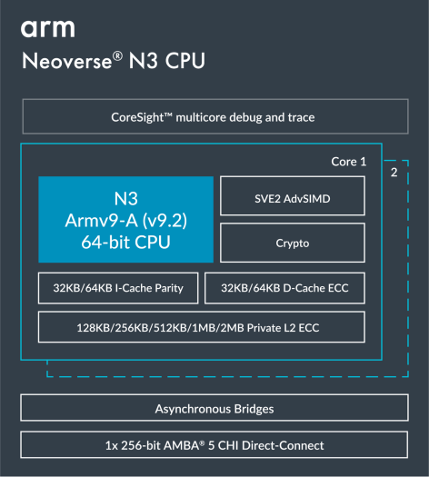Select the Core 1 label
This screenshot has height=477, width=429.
pyautogui.click(x=348, y=162)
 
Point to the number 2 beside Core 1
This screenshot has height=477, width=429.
pyautogui.click(x=394, y=171)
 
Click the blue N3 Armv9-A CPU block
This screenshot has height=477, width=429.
pyautogui.click(x=125, y=219)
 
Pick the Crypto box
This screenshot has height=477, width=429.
pyautogui.click(x=293, y=243)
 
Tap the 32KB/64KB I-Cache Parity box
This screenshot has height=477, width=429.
pyautogui.click(x=117, y=289)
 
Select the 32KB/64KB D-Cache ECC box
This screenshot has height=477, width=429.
pyautogui.click(x=284, y=289)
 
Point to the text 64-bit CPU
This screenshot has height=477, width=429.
pyautogui.click(x=125, y=243)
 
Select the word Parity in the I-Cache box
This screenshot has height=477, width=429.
pyautogui.click(x=177, y=289)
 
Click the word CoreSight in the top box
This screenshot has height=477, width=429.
pyautogui.click(x=139, y=118)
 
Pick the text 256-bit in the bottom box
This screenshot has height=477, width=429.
pyautogui.click(x=145, y=446)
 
